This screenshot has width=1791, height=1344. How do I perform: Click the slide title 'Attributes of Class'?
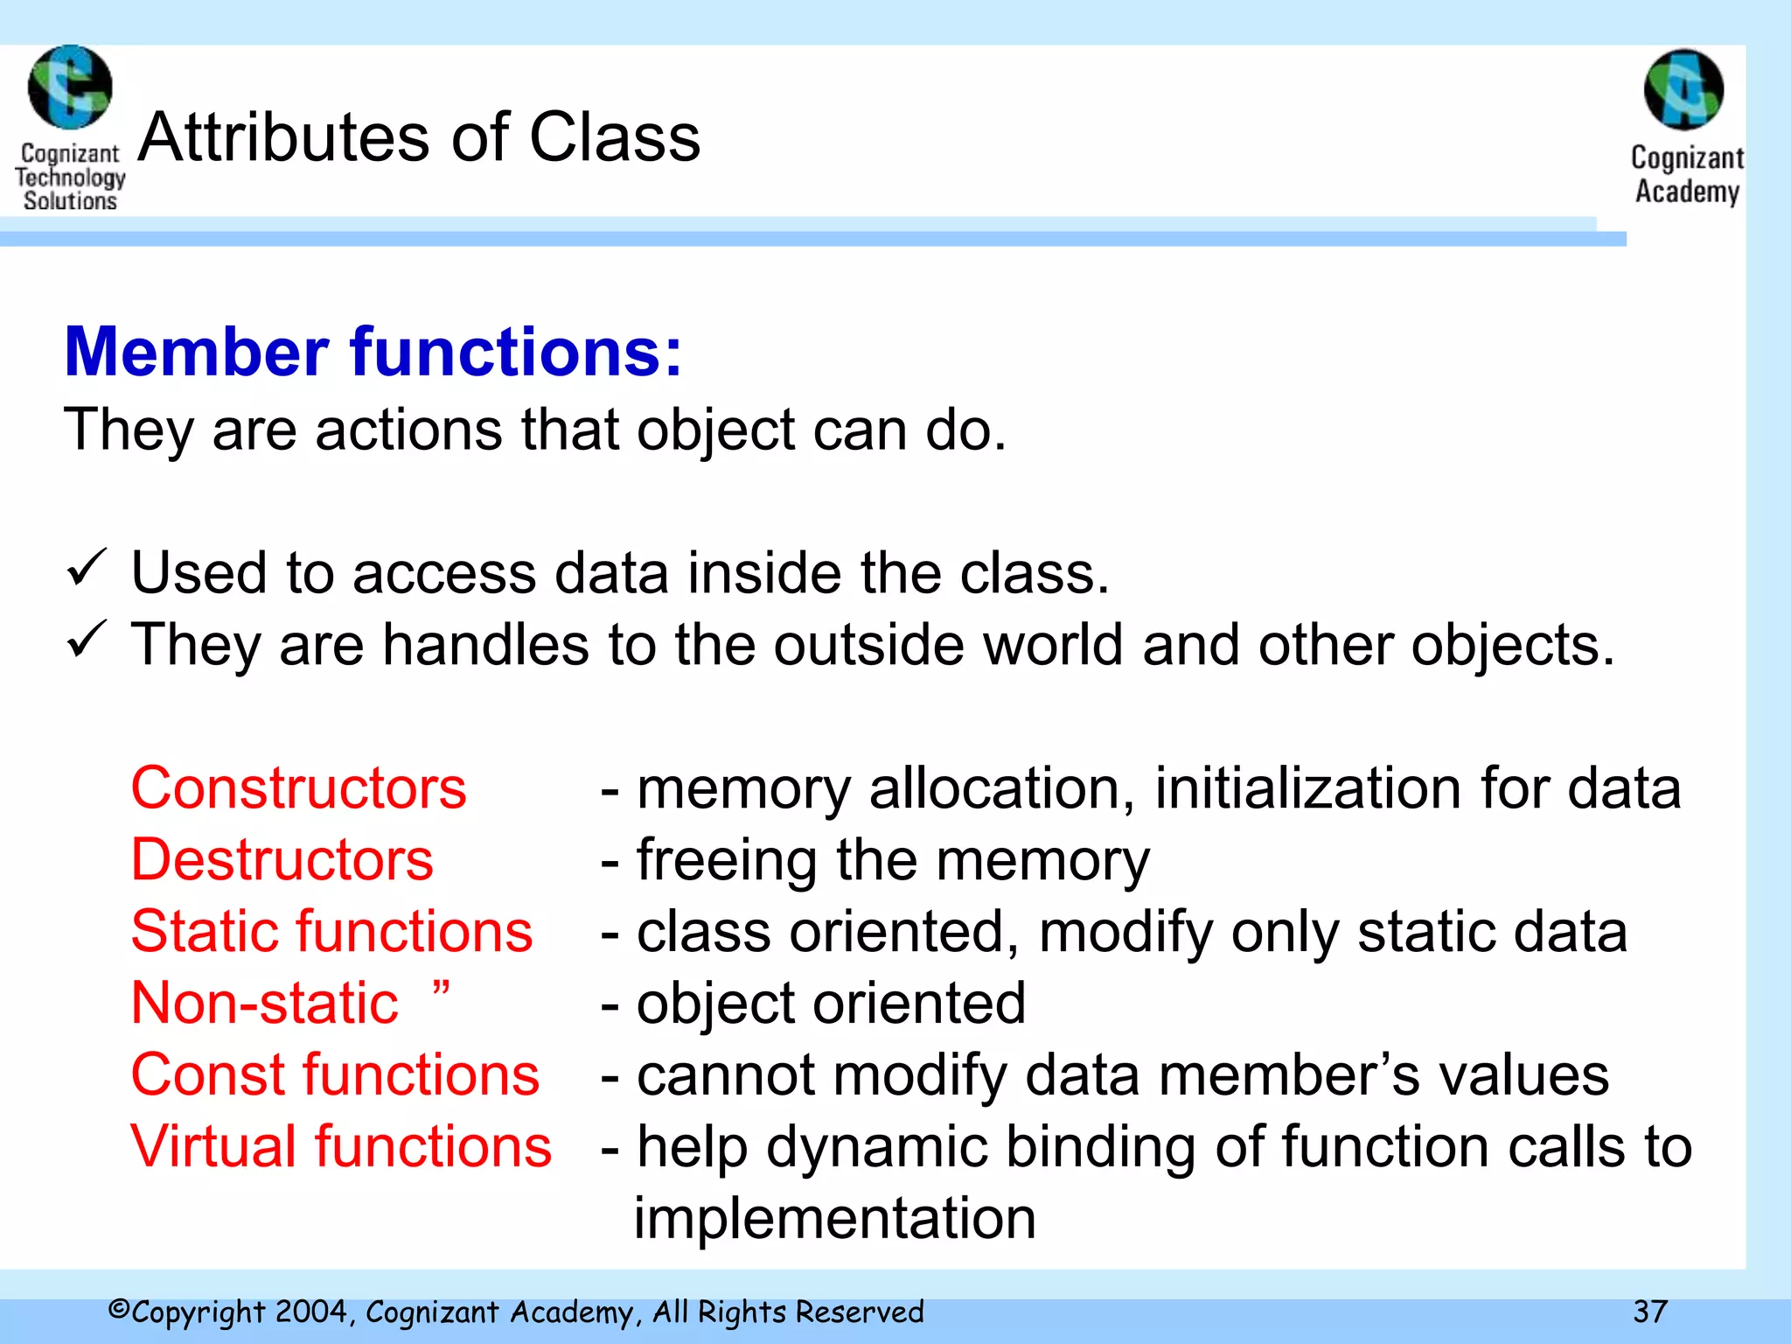tap(419, 137)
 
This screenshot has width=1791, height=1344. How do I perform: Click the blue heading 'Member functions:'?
tap(373, 352)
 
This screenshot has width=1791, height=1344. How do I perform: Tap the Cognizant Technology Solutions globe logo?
tap(70, 87)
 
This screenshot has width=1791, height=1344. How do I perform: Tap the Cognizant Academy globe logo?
tap(1683, 89)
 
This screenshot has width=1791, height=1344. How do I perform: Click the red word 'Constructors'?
tap(298, 787)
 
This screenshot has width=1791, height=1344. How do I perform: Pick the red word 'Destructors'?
tap(282, 859)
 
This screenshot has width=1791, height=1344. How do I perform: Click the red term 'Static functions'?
tap(331, 931)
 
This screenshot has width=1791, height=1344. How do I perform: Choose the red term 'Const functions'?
tap(335, 1074)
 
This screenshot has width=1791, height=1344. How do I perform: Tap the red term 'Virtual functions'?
tap(341, 1146)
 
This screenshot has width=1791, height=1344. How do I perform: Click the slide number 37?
tap(1650, 1312)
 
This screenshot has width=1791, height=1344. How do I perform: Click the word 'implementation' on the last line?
tap(834, 1218)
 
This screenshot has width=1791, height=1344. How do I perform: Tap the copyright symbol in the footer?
tap(119, 1310)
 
